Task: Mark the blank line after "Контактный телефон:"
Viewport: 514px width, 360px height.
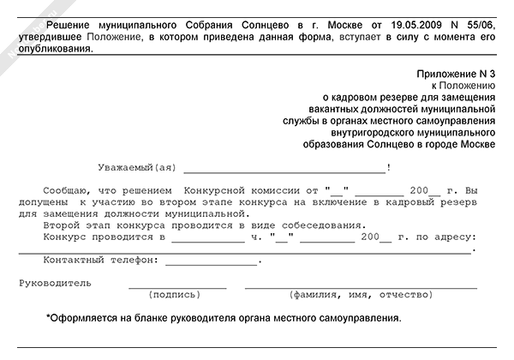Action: [x=211, y=261]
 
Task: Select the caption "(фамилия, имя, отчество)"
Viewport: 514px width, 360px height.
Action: [x=360, y=295]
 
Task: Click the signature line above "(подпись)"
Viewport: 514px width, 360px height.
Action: [x=177, y=285]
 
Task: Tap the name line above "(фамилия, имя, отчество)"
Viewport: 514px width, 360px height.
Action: [x=360, y=285]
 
